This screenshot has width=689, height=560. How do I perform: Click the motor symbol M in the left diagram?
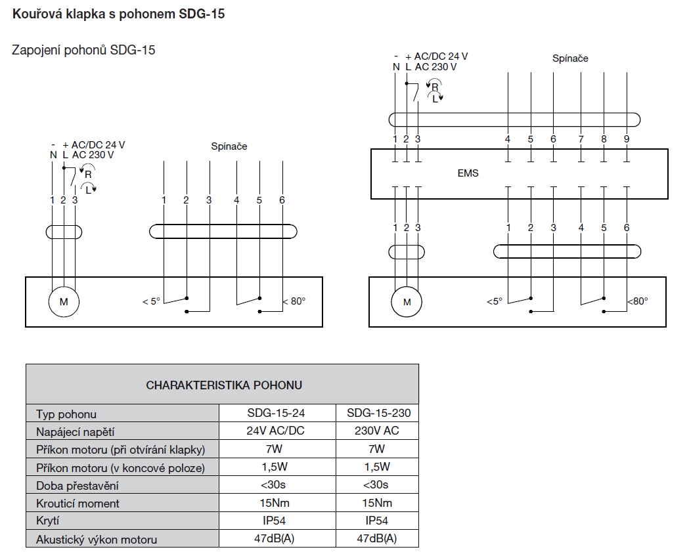coord(63,302)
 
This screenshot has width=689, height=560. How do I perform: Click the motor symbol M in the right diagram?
coord(407,302)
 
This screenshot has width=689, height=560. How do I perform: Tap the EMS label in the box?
coord(468,174)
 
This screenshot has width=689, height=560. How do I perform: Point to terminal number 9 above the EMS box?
coord(627,139)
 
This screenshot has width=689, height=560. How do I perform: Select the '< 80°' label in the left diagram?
coord(295,301)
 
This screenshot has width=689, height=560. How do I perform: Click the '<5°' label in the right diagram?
coord(494,301)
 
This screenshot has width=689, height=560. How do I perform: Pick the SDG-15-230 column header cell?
coord(377,414)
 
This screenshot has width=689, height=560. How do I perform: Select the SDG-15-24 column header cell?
coord(276,414)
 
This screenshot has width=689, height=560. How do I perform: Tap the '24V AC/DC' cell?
coord(276,431)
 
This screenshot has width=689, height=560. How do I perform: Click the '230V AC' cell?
coord(377,431)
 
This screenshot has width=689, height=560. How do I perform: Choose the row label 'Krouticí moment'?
coord(78,504)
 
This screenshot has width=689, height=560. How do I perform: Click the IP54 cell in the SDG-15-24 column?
coord(276,521)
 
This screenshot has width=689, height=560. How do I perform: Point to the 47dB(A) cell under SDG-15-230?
coord(377,539)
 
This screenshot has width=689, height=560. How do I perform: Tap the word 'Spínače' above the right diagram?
coord(570,58)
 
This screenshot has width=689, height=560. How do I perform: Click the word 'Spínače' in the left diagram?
coord(229,146)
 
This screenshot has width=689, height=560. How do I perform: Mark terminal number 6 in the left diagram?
coord(282,200)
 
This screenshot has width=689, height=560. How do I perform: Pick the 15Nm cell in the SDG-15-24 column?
coord(276,504)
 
